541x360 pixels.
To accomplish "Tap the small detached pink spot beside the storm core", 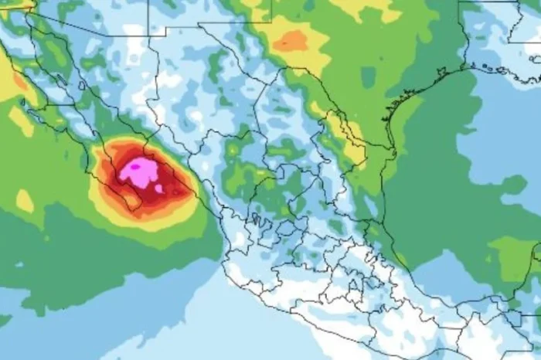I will tap(158, 188).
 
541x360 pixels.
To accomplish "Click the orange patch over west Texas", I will tap(291, 41).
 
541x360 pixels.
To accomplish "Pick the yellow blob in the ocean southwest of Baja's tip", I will tap(24, 201).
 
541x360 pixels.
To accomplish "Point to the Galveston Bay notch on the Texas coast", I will tap(441, 73).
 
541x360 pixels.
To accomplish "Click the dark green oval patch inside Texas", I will tap(369, 77).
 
